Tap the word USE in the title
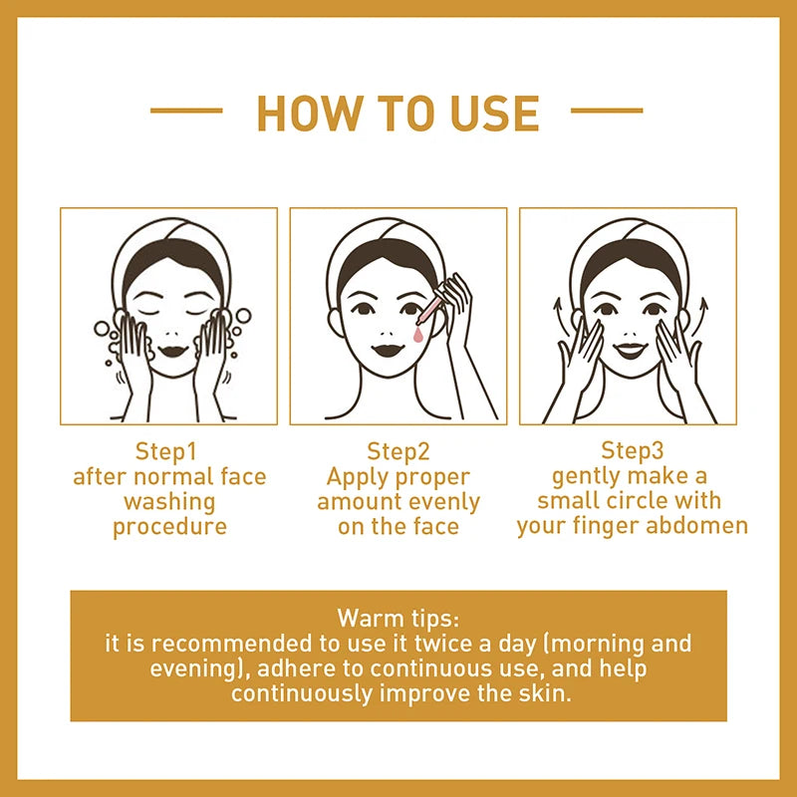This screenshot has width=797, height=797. tap(488, 114)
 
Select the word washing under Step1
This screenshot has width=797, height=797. tap(169, 501)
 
